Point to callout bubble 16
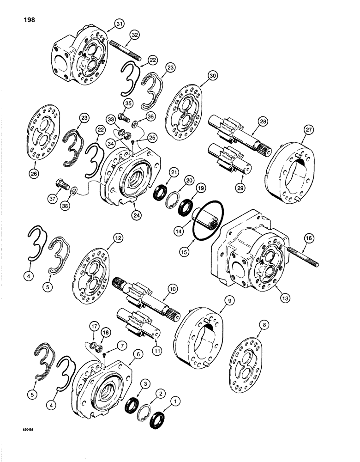click(x=308, y=239)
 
